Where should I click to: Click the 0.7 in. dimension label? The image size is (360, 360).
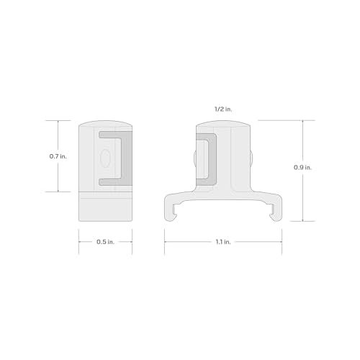[x=58, y=156]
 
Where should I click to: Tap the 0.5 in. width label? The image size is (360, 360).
[x=106, y=242]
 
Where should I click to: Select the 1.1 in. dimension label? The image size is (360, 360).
[x=223, y=242]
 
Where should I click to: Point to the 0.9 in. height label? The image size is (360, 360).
[x=302, y=168]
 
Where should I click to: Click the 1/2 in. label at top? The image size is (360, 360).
[x=223, y=109]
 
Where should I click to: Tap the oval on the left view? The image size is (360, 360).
[x=105, y=158]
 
